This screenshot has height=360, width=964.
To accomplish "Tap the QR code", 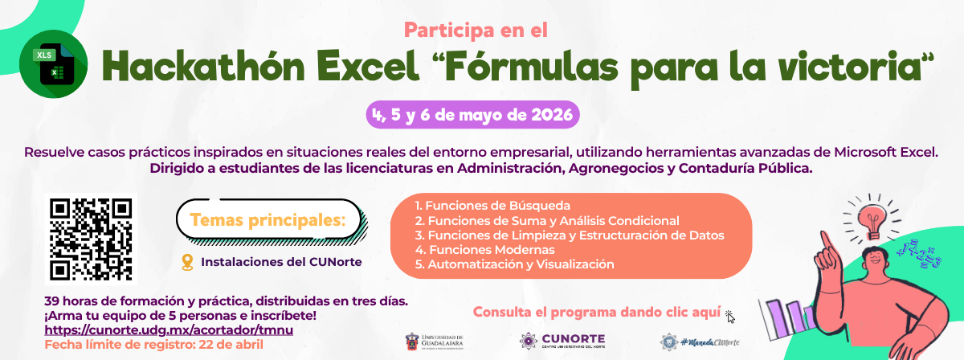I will tap(90, 239).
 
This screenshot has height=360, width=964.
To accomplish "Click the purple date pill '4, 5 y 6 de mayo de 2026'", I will tap(472, 114).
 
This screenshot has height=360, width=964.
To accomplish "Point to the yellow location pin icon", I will tap(188, 262).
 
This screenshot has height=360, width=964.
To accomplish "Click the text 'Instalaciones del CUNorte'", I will tap(281, 262).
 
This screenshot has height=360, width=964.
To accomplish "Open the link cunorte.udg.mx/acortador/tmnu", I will tap(169, 329).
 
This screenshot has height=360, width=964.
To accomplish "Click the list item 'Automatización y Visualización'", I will tap(514, 264).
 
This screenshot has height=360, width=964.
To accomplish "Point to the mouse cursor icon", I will tap(729, 316).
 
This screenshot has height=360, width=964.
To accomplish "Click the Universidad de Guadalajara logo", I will tap(435, 341).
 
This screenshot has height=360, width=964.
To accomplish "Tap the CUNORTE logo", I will tap(562, 341).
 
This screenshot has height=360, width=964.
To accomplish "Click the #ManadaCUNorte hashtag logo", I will tap(700, 342).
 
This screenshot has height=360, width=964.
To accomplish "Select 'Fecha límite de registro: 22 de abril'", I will tap(153, 344).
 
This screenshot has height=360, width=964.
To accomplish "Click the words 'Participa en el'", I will tap(476, 31).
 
